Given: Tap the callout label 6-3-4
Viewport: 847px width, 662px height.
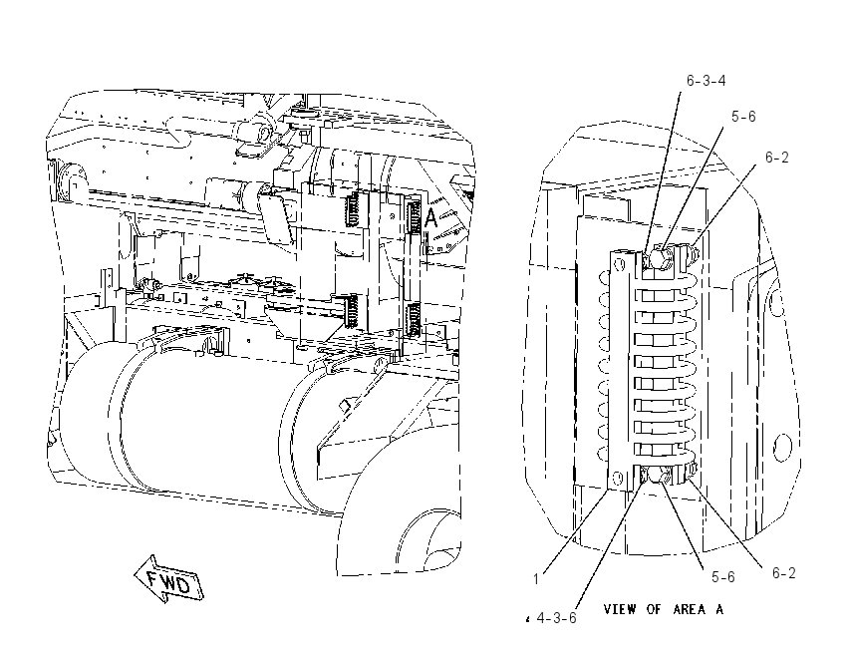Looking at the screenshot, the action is pos(706,81).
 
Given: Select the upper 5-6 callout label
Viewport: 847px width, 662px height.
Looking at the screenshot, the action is pos(743,117).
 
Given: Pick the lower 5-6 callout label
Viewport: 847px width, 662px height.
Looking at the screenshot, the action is pos(722,577).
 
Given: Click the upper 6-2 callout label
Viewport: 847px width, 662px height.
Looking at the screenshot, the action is pos(777,158).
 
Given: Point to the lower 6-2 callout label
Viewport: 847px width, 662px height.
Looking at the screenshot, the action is pos(784,573).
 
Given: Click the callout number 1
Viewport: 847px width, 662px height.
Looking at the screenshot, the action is pos(536,579).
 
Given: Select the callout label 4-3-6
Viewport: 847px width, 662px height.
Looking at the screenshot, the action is pos(556,618).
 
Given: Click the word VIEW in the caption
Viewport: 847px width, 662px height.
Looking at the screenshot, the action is pos(619,609).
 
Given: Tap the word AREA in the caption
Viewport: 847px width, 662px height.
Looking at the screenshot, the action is pos(690,609).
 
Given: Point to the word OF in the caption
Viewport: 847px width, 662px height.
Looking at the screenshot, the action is pos(654,609).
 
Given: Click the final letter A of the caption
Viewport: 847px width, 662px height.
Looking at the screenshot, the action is pos(719,609).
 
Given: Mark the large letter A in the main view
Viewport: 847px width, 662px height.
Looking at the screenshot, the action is pos(430,217).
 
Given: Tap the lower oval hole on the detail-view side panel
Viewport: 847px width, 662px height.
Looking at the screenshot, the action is pos(781,448).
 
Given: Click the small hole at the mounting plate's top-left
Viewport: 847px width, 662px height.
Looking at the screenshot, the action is pos(619,264).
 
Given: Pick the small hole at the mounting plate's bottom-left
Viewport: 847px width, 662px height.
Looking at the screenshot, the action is pos(618,478).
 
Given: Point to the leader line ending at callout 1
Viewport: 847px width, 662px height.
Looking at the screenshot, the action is pos(575,531).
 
